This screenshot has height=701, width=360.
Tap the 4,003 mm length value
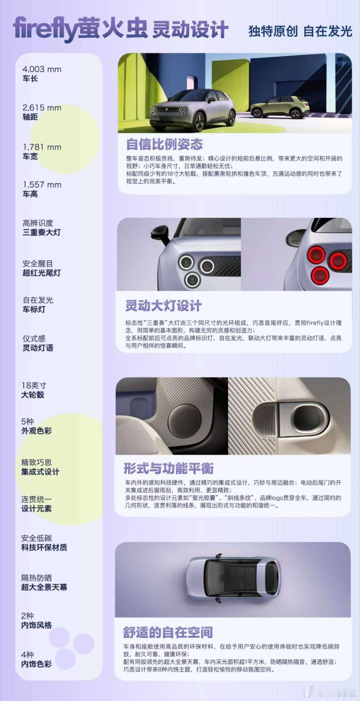42,69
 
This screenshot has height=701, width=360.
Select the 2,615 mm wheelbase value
42,108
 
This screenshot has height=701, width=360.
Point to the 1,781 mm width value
42,147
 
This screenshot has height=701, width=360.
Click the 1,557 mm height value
42,185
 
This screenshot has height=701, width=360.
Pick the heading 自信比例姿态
164,144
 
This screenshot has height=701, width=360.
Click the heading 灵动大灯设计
163,306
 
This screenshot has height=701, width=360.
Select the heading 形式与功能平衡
169,468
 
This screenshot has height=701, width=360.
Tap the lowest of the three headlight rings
192,279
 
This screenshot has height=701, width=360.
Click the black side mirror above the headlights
160,233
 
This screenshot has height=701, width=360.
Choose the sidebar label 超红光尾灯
42,273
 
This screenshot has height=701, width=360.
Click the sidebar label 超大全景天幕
44,587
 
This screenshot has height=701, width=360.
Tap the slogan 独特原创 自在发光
300,31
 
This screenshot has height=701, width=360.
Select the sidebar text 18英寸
34,385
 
